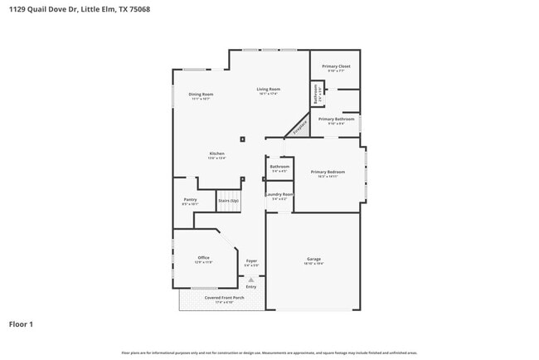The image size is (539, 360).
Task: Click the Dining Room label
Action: pos(202,95)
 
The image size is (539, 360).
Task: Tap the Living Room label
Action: pos(268,90)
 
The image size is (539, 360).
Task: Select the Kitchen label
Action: pos(216,153)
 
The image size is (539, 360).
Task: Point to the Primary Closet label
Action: pos(336,66)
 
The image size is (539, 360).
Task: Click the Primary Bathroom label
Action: pos(336,119)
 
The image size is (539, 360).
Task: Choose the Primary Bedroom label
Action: pos(328,172)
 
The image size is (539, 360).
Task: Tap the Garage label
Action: pos(313,259)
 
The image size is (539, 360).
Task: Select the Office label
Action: pos(203,258)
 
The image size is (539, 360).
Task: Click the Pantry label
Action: pos(190,200)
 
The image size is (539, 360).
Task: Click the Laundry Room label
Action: pos(279,195)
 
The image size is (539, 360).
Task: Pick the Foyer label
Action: pos(250,261)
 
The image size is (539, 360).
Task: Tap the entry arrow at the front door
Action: pos(250,280)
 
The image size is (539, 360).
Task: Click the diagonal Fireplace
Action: pos(298,126)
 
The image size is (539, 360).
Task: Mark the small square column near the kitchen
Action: pos(242,139)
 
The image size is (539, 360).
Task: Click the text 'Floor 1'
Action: pos(21,324)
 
